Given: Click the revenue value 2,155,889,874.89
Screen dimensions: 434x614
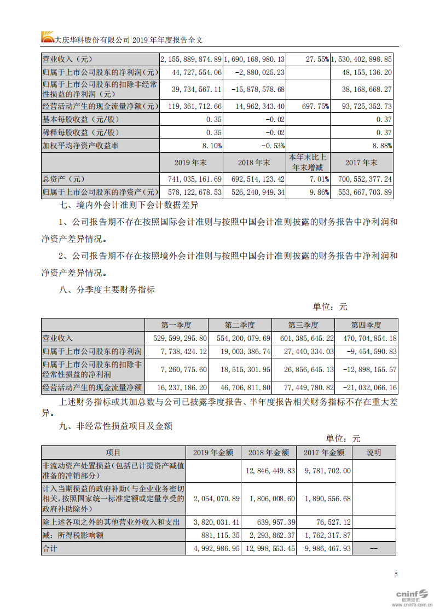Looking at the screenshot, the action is tap(190, 59).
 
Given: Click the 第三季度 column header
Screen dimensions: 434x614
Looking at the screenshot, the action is tap(303, 325).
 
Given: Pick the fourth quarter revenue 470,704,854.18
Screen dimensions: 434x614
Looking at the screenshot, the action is tap(367, 339).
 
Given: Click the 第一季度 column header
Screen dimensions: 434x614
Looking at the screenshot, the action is tap(176, 325).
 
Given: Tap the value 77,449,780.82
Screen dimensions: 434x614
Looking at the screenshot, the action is tap(303, 387).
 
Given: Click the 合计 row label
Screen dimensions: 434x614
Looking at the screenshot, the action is tap(50, 548).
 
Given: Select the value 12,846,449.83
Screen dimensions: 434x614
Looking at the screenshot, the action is tap(268, 471).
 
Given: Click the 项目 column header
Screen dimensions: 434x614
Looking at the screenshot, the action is tap(113, 453).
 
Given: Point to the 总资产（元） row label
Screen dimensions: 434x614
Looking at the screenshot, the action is tap(64, 179).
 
